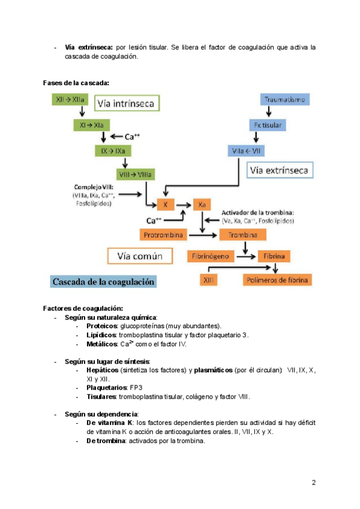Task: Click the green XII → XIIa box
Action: tap(70, 99)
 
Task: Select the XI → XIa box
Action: tap(92, 125)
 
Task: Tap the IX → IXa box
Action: tap(113, 151)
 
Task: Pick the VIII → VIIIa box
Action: tap(136, 174)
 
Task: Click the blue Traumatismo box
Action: tap(284, 99)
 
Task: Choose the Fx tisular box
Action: tap(268, 125)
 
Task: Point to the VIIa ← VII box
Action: tap(246, 151)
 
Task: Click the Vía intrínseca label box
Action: tap(127, 103)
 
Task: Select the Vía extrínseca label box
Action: tap(280, 170)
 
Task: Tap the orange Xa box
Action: tap(202, 205)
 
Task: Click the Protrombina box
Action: tap(163, 235)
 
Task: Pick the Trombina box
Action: tap(243, 235)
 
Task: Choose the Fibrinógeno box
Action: tap(211, 256)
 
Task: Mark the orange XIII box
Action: tap(208, 280)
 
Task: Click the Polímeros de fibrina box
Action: tap(277, 280)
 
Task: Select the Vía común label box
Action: tap(140, 256)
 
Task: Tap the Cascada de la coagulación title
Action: tap(103, 282)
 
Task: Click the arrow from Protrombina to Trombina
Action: tap(203, 235)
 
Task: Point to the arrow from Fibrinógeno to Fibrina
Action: tap(246, 256)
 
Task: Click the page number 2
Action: tap(314, 483)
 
